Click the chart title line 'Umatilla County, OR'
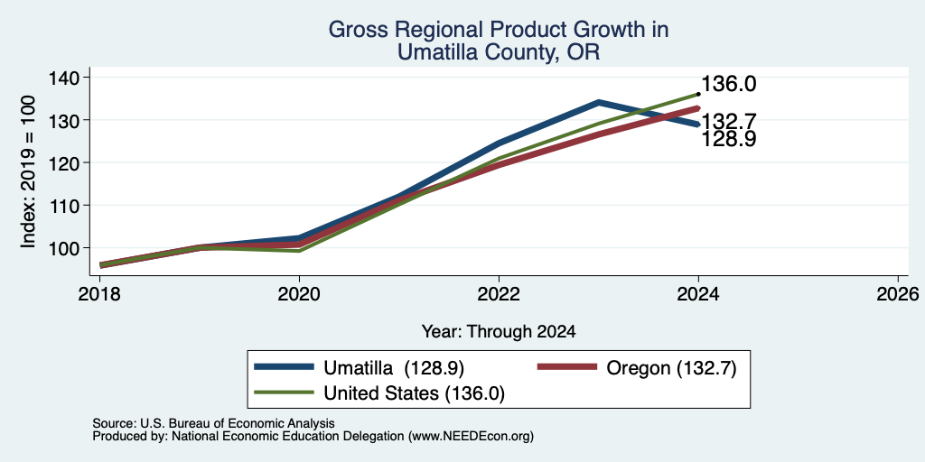tap(499, 52)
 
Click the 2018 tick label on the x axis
tap(99, 293)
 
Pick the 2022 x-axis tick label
tap(499, 293)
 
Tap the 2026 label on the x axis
tap(898, 293)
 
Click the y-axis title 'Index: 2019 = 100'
tap(28, 171)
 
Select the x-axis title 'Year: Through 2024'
tap(499, 332)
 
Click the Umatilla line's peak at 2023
tap(599, 103)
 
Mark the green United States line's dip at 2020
tap(299, 251)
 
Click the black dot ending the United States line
tap(698, 94)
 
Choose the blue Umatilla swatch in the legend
tap(283, 368)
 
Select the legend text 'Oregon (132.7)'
tap(671, 368)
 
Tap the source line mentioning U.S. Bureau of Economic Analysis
tap(213, 423)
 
